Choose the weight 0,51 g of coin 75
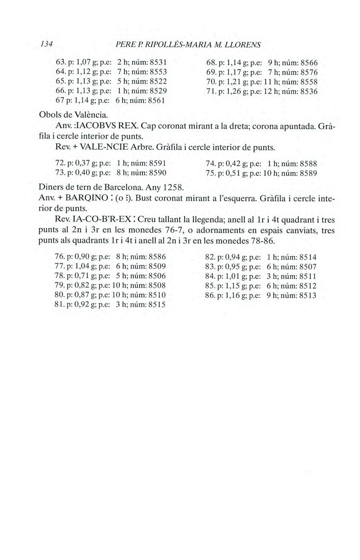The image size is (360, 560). [237, 173]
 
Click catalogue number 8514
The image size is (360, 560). [308, 257]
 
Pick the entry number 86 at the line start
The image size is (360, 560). [209, 295]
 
